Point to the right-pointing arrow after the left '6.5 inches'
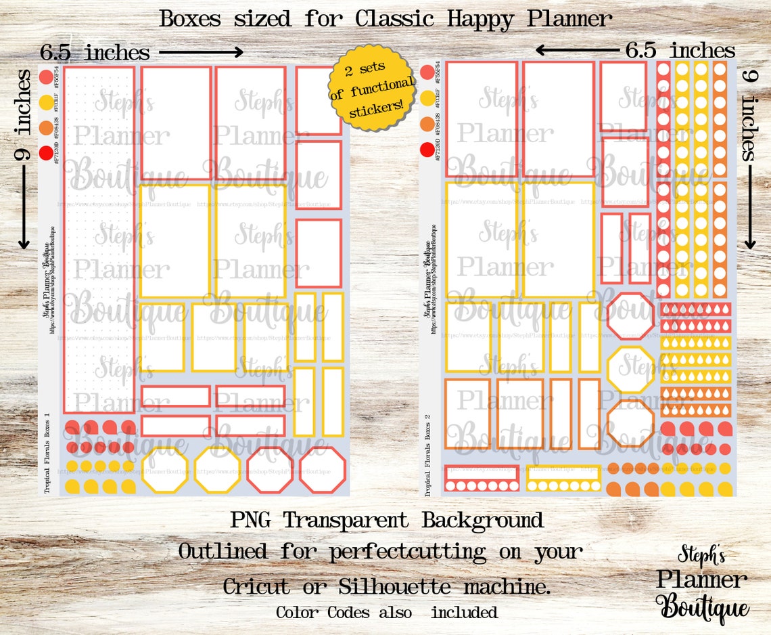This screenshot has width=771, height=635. point(201,51)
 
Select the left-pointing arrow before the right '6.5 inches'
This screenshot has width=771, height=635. point(577,49)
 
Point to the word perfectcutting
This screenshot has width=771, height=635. point(407,552)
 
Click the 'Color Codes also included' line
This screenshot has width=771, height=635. point(386,613)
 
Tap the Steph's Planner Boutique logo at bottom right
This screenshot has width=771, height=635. point(703,584)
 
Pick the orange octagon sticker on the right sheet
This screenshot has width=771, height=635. point(630,423)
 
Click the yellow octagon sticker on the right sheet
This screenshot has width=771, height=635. point(630,369)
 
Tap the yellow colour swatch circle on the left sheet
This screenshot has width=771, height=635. point(46,102)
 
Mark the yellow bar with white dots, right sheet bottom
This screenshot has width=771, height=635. point(563,479)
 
